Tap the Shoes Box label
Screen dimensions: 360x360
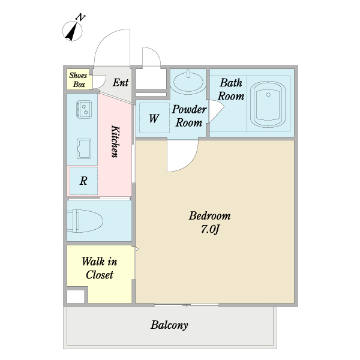(78, 80)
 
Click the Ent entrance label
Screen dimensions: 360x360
(121, 82)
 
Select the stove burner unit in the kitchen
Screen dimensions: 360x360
(84, 109)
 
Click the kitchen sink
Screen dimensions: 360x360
(84, 149)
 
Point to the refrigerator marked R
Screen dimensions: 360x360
(83, 181)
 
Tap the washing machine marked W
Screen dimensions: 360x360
(155, 118)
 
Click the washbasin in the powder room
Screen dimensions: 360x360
(188, 81)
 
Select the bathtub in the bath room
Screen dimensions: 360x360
(268, 104)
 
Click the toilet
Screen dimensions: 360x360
(85, 221)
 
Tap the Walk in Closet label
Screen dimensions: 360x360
(100, 268)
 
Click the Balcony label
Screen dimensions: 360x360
(169, 325)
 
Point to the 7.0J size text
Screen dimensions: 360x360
(210, 229)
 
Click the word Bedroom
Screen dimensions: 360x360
(209, 216)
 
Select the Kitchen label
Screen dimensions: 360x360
(115, 142)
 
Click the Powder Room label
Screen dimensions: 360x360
(189, 116)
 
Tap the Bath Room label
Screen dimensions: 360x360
(231, 89)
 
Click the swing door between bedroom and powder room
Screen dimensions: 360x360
(183, 155)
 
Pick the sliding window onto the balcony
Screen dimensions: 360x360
(187, 305)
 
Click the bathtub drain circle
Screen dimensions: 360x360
(268, 95)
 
